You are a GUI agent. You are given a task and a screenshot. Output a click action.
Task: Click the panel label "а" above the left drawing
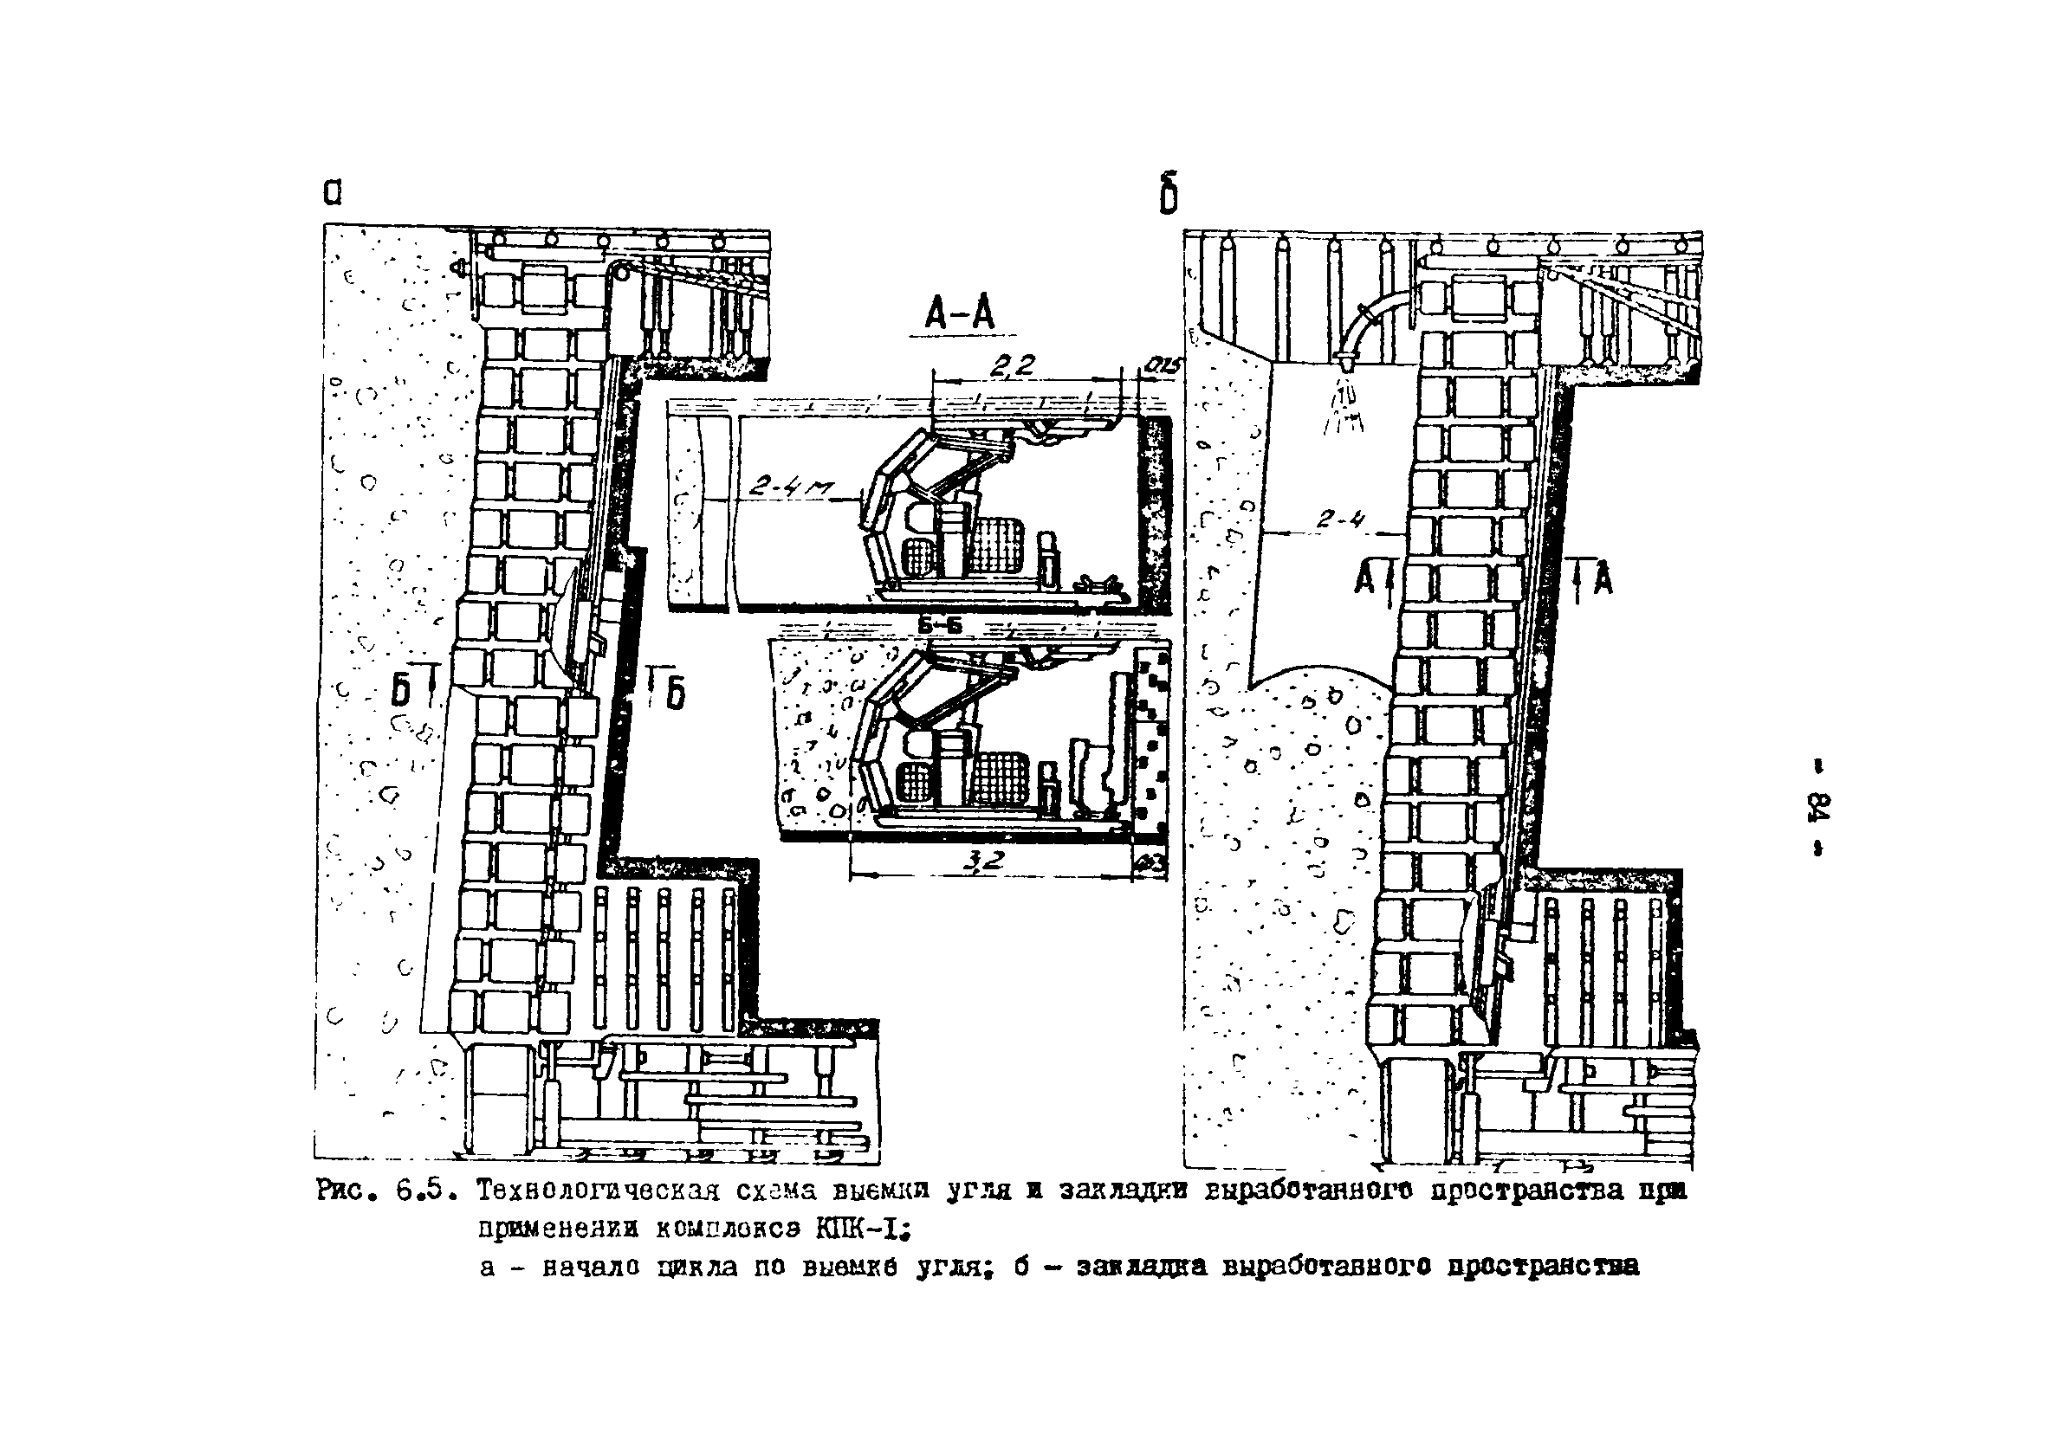point(332,193)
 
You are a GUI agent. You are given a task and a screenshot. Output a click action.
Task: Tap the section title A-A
point(960,313)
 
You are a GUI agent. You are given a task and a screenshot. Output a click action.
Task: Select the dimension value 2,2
point(1014,365)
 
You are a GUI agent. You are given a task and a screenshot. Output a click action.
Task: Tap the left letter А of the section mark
point(1364,579)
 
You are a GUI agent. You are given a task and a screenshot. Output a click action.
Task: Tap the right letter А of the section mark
point(1603,579)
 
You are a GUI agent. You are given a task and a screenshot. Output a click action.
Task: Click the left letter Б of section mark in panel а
point(403,689)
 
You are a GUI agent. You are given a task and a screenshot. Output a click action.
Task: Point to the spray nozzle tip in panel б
point(1344,361)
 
